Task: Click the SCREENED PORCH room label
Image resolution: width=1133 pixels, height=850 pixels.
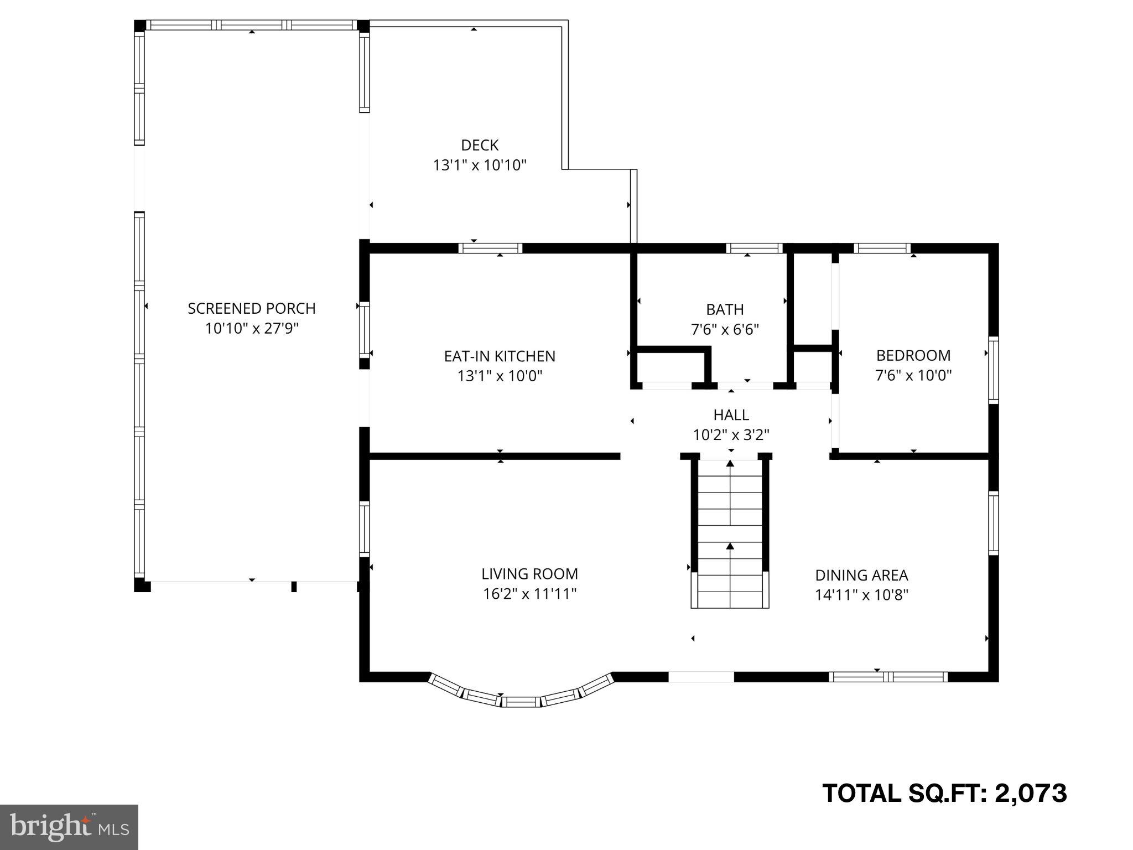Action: (x=251, y=308)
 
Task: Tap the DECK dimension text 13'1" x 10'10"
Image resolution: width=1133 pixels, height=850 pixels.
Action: (x=479, y=165)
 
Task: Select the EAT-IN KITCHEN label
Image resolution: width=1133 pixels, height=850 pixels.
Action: (x=500, y=356)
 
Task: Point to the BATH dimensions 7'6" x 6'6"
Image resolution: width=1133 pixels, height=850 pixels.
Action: (x=725, y=329)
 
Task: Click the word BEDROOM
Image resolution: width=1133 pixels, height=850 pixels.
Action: (x=913, y=355)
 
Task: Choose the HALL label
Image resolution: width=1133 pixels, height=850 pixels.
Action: (x=731, y=414)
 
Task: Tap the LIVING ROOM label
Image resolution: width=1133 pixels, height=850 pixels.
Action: (x=529, y=574)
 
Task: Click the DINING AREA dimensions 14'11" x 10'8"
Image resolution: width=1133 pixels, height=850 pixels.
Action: (x=861, y=595)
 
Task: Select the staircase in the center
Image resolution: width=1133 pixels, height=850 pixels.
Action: (x=730, y=534)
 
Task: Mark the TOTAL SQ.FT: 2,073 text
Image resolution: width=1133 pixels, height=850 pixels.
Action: (x=944, y=793)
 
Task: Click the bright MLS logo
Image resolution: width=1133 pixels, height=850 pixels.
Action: (x=69, y=827)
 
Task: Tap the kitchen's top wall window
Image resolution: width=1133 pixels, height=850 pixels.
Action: (x=490, y=248)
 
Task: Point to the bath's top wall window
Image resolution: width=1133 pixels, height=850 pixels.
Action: (x=755, y=248)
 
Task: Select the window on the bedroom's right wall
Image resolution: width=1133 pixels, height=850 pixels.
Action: (x=993, y=369)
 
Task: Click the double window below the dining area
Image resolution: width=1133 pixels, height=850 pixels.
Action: (x=888, y=676)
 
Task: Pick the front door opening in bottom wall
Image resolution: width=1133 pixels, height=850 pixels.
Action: (x=701, y=676)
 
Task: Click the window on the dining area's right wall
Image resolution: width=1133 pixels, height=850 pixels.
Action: (x=993, y=523)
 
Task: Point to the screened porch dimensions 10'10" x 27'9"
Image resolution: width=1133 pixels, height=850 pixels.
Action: (x=251, y=329)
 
